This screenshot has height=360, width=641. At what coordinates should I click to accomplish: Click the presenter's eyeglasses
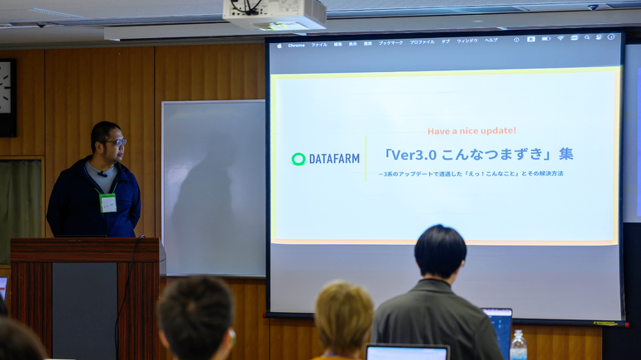point(116,142)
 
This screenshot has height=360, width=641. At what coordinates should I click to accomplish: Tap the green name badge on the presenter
point(108,203)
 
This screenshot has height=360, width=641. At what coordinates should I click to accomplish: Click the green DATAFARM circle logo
point(299,159)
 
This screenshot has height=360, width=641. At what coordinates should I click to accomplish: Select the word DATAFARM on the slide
point(334,159)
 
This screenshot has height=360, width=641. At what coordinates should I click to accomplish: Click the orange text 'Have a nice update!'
point(471,131)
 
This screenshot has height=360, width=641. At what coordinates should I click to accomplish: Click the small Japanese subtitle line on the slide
point(471,174)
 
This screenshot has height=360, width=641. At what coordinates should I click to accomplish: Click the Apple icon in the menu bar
point(280,46)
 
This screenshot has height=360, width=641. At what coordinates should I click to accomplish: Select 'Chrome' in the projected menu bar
point(296,45)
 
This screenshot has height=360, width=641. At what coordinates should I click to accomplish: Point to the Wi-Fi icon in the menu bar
point(560,38)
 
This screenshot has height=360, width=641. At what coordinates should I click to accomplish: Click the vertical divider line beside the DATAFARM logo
point(366,159)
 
